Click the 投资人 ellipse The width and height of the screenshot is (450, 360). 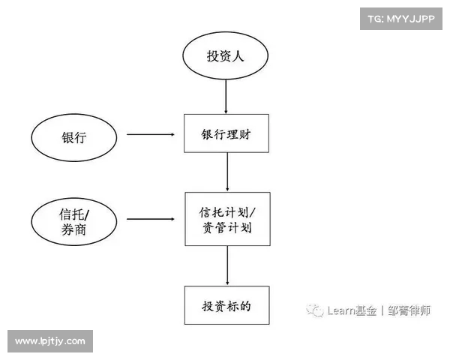226,56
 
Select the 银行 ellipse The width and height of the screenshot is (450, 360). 74,136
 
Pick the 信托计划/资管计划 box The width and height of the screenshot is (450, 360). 226,218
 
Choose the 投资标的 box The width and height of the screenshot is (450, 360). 226,305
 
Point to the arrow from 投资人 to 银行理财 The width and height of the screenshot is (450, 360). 226,96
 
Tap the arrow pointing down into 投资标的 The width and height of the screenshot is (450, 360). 226,265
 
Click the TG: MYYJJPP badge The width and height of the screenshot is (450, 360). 401,18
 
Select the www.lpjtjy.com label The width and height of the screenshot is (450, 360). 49,341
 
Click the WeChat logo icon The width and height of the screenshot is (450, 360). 316,309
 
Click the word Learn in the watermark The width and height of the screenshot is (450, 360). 340,310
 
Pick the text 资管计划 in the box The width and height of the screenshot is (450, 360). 226,227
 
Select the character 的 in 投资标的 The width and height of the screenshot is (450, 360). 244,305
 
